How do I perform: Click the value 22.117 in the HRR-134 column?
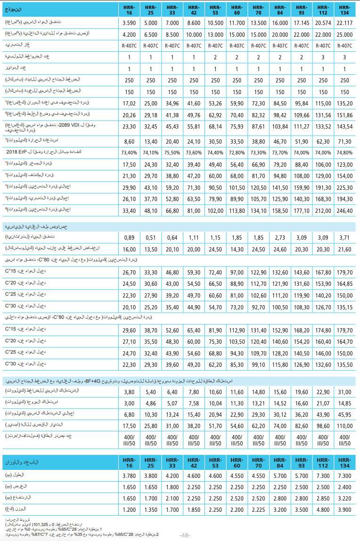point(345,23)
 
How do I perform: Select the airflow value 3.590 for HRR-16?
point(129,23)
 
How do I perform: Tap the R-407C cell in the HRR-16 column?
point(129,46)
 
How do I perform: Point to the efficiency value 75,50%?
point(172,152)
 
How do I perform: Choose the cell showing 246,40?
point(345,210)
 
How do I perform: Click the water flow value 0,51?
point(151,237)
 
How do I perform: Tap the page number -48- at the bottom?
point(185,535)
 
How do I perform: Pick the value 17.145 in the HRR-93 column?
point(302,23)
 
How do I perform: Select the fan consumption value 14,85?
point(345,403)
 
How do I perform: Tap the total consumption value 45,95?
point(345,414)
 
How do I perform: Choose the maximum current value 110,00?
point(345,425)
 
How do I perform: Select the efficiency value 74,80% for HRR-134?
point(345,152)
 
